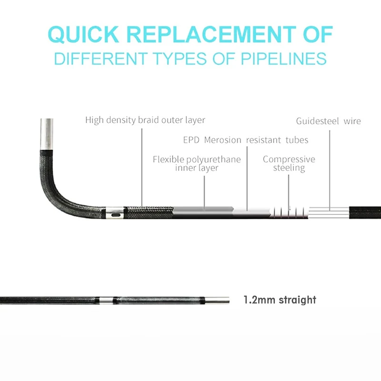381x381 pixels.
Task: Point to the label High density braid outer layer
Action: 145,120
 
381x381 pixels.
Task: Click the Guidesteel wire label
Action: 328,121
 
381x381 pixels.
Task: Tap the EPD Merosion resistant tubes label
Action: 246,140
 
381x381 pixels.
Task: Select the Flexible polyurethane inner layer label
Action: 197,163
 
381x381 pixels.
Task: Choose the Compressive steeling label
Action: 289,163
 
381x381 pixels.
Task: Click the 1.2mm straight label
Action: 280,300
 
